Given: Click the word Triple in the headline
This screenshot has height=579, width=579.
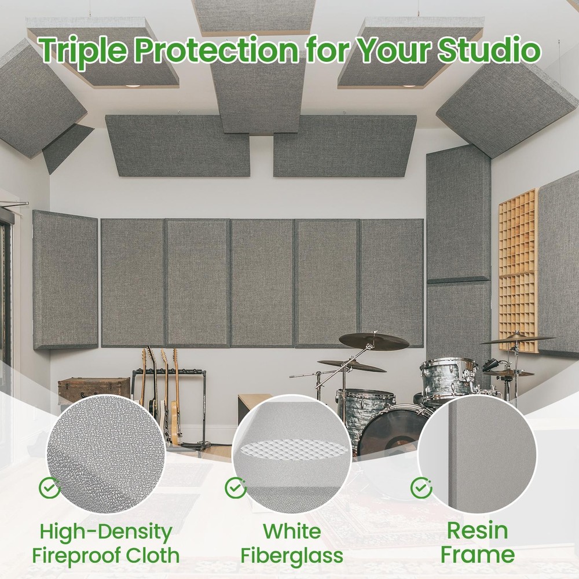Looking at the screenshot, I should (82, 52).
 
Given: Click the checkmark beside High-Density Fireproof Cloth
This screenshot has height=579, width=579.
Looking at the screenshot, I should (50, 488).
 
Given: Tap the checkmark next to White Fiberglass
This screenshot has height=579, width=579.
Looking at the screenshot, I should (235, 488).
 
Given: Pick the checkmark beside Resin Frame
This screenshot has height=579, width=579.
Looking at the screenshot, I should (421, 488).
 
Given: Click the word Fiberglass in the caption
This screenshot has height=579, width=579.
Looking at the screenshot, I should (292, 556).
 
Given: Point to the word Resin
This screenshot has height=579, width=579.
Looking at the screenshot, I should (477, 530).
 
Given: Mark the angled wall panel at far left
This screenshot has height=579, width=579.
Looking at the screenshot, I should (65, 281).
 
